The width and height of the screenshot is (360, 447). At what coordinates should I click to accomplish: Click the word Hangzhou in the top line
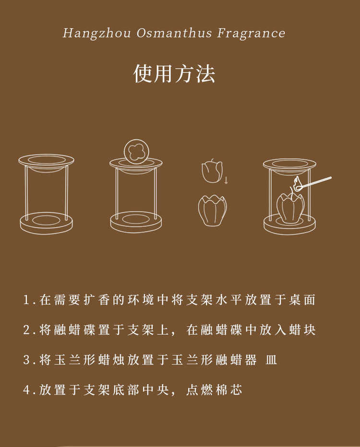coord(96,34)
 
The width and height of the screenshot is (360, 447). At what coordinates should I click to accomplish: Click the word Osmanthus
coord(174,33)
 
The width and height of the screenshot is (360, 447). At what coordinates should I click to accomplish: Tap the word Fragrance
coord(251,34)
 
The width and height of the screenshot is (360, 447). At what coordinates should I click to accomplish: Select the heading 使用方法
coord(174,73)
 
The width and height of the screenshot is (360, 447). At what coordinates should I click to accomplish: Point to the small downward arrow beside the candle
coord(226,180)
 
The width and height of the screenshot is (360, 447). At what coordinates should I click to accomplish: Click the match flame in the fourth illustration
coord(298,182)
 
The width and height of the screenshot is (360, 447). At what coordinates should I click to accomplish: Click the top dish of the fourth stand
coord(289,166)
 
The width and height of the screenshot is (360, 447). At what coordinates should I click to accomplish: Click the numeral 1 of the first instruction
coord(26,300)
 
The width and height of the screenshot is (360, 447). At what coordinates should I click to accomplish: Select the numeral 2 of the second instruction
coord(26,330)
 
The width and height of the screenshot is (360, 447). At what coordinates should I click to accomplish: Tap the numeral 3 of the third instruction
coord(26,360)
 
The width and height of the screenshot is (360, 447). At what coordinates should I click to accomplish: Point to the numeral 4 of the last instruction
coord(26,390)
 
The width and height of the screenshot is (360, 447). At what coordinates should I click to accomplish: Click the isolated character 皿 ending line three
coord(271,360)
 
